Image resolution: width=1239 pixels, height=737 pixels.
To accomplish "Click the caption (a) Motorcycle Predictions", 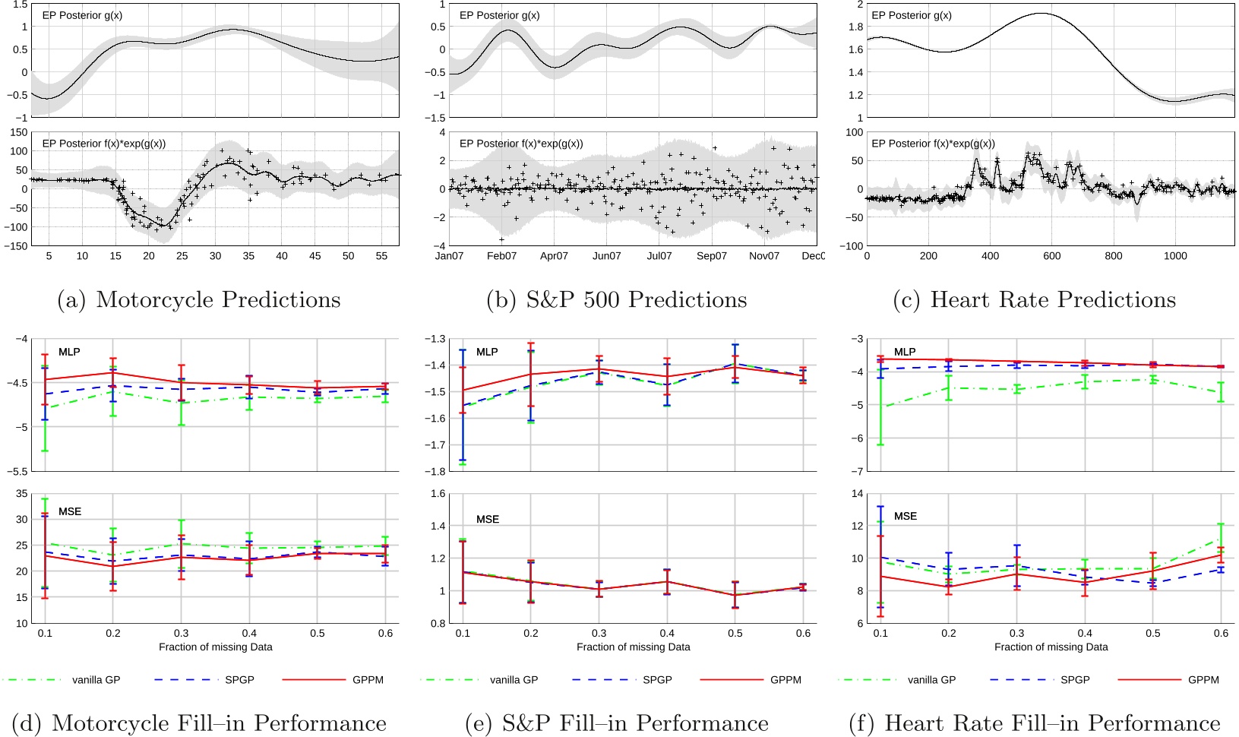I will tap(199, 299).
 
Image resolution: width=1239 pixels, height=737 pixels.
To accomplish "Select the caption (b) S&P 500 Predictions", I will tap(616, 299).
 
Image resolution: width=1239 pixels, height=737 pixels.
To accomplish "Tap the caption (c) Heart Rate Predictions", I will tap(1034, 299).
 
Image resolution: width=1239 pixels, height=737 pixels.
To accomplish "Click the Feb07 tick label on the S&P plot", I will tap(501, 256).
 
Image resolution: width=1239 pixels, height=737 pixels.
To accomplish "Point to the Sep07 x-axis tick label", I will tap(711, 256).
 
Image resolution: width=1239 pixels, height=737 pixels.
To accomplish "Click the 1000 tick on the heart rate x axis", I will tap(1174, 256).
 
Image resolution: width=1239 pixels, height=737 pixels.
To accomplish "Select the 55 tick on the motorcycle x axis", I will tap(381, 256).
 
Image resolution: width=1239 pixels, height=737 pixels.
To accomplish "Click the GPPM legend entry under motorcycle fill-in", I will tap(368, 680).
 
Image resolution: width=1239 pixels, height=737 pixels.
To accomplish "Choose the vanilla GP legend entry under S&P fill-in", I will tap(514, 680).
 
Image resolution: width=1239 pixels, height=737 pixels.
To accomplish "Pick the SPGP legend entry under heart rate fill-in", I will tap(1075, 680).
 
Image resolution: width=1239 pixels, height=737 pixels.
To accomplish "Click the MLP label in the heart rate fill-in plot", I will tap(905, 352).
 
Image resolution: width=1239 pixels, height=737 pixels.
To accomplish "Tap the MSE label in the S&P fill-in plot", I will tap(488, 520).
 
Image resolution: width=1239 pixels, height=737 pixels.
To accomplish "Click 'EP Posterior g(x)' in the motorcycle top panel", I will tap(82, 15).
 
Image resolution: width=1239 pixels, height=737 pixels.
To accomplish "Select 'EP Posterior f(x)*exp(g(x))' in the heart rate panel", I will tap(933, 144).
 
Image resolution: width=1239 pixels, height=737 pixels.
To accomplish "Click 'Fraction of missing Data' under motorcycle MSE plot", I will tap(215, 647).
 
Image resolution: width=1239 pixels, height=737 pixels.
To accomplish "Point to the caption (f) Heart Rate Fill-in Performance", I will tap(1034, 723).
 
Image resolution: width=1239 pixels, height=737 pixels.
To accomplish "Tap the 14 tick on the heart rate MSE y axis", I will tap(857, 494).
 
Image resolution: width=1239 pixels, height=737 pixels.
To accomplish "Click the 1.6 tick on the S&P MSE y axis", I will tap(438, 494).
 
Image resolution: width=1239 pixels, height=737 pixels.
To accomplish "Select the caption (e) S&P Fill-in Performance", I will tap(616, 723).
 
